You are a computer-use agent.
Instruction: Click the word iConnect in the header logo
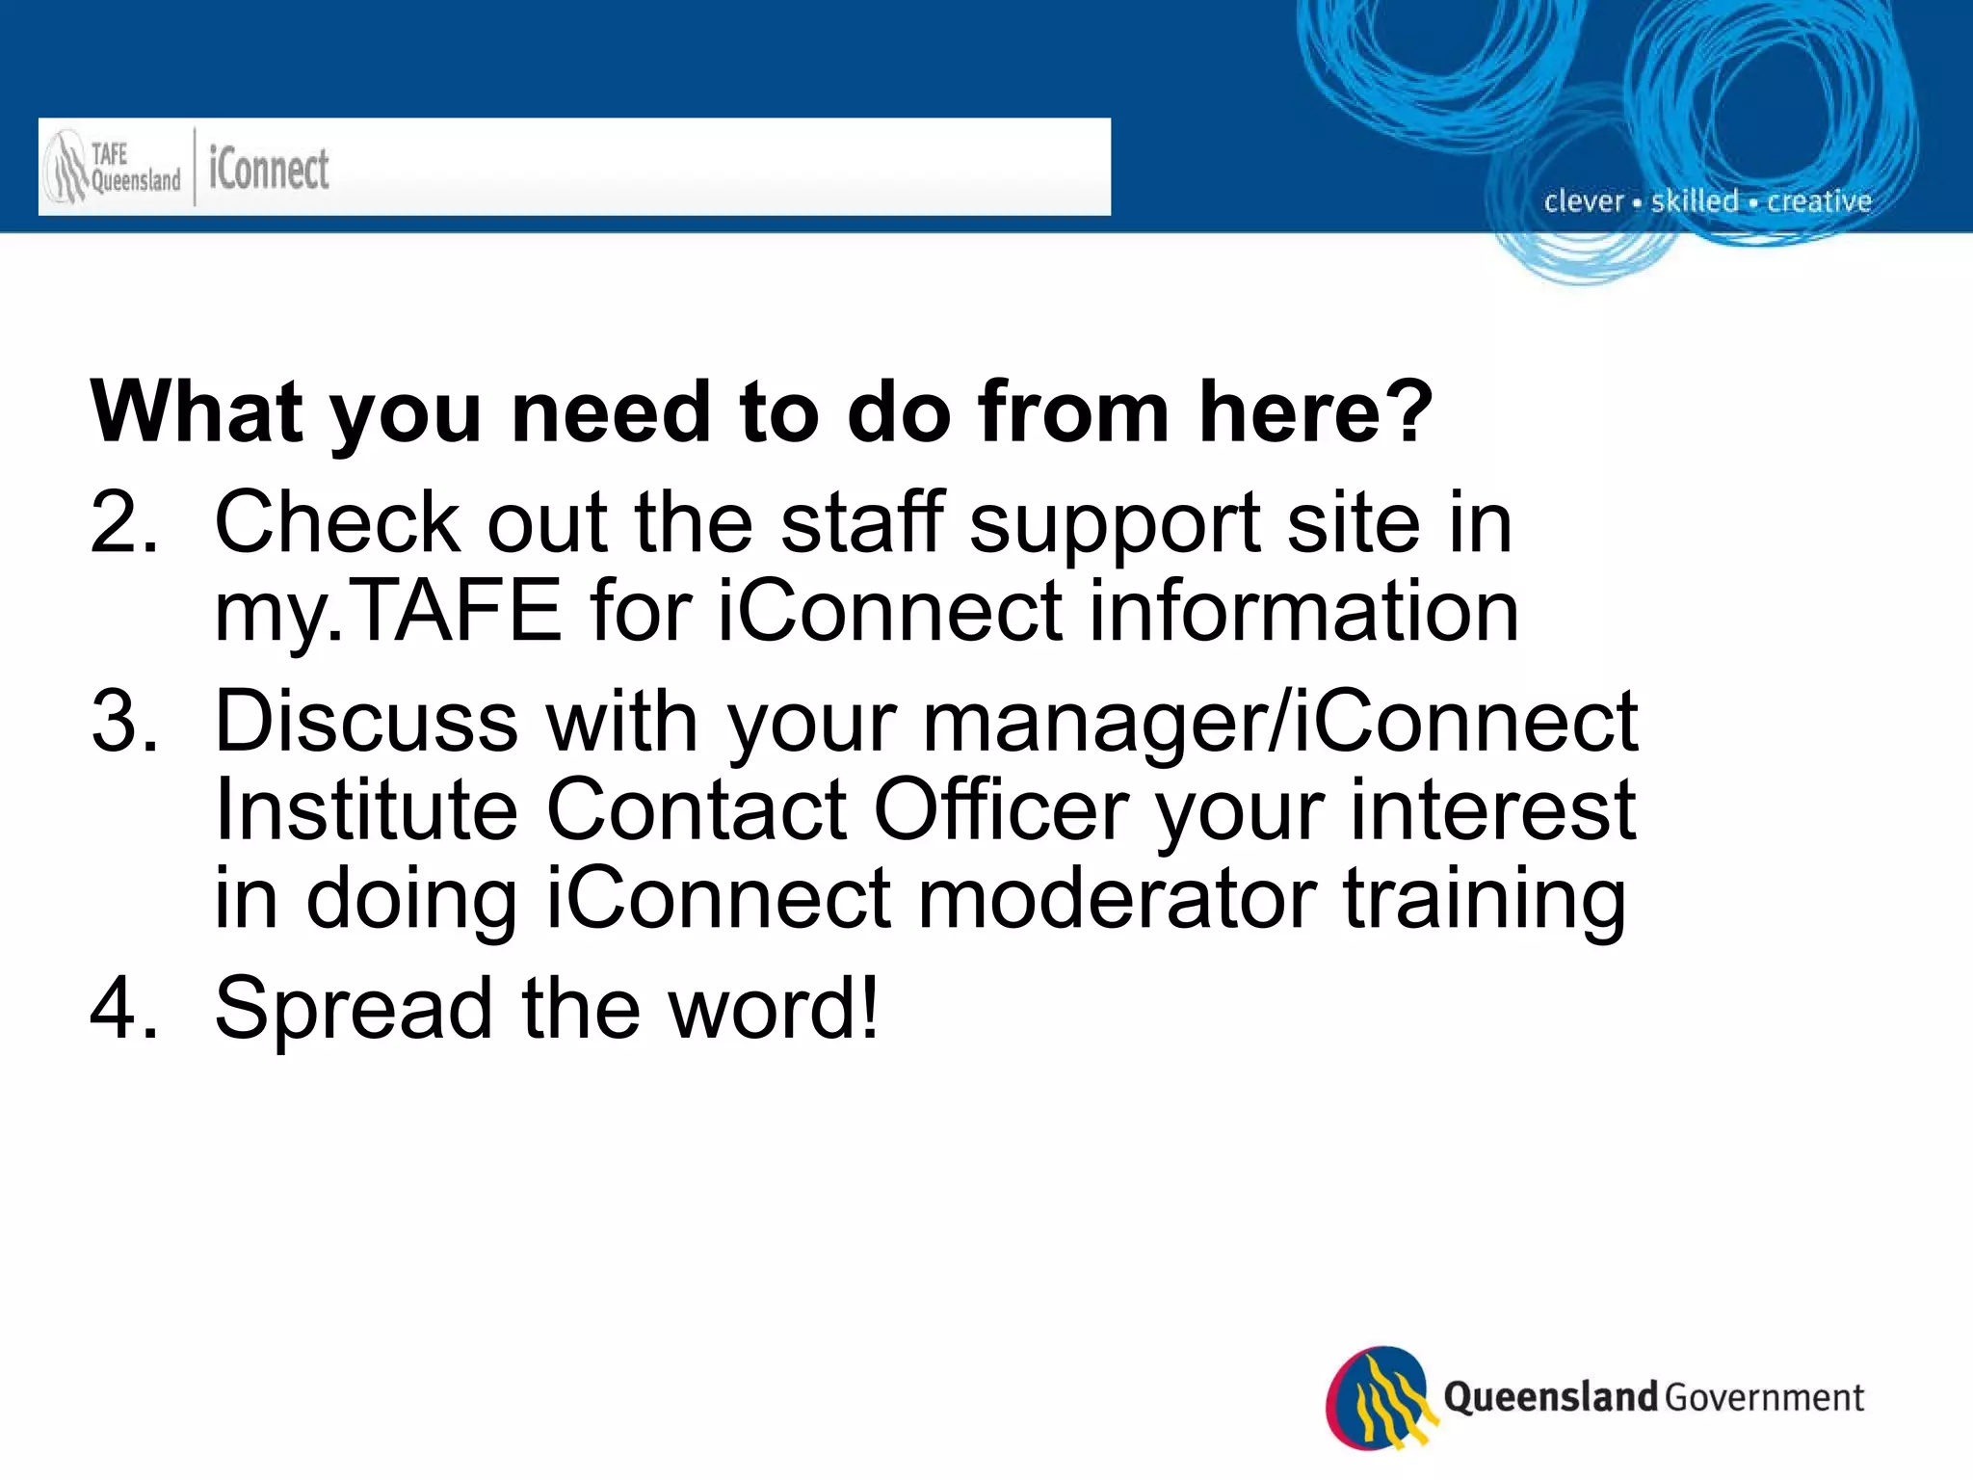coord(269,170)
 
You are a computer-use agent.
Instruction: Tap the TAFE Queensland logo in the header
coord(113,168)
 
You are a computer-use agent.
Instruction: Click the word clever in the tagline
coord(1583,201)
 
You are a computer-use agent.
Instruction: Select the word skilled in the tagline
coord(1695,200)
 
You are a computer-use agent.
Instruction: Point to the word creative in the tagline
coord(1819,200)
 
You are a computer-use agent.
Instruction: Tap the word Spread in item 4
coord(353,1008)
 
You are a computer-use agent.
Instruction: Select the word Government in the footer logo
coord(1764,1397)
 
